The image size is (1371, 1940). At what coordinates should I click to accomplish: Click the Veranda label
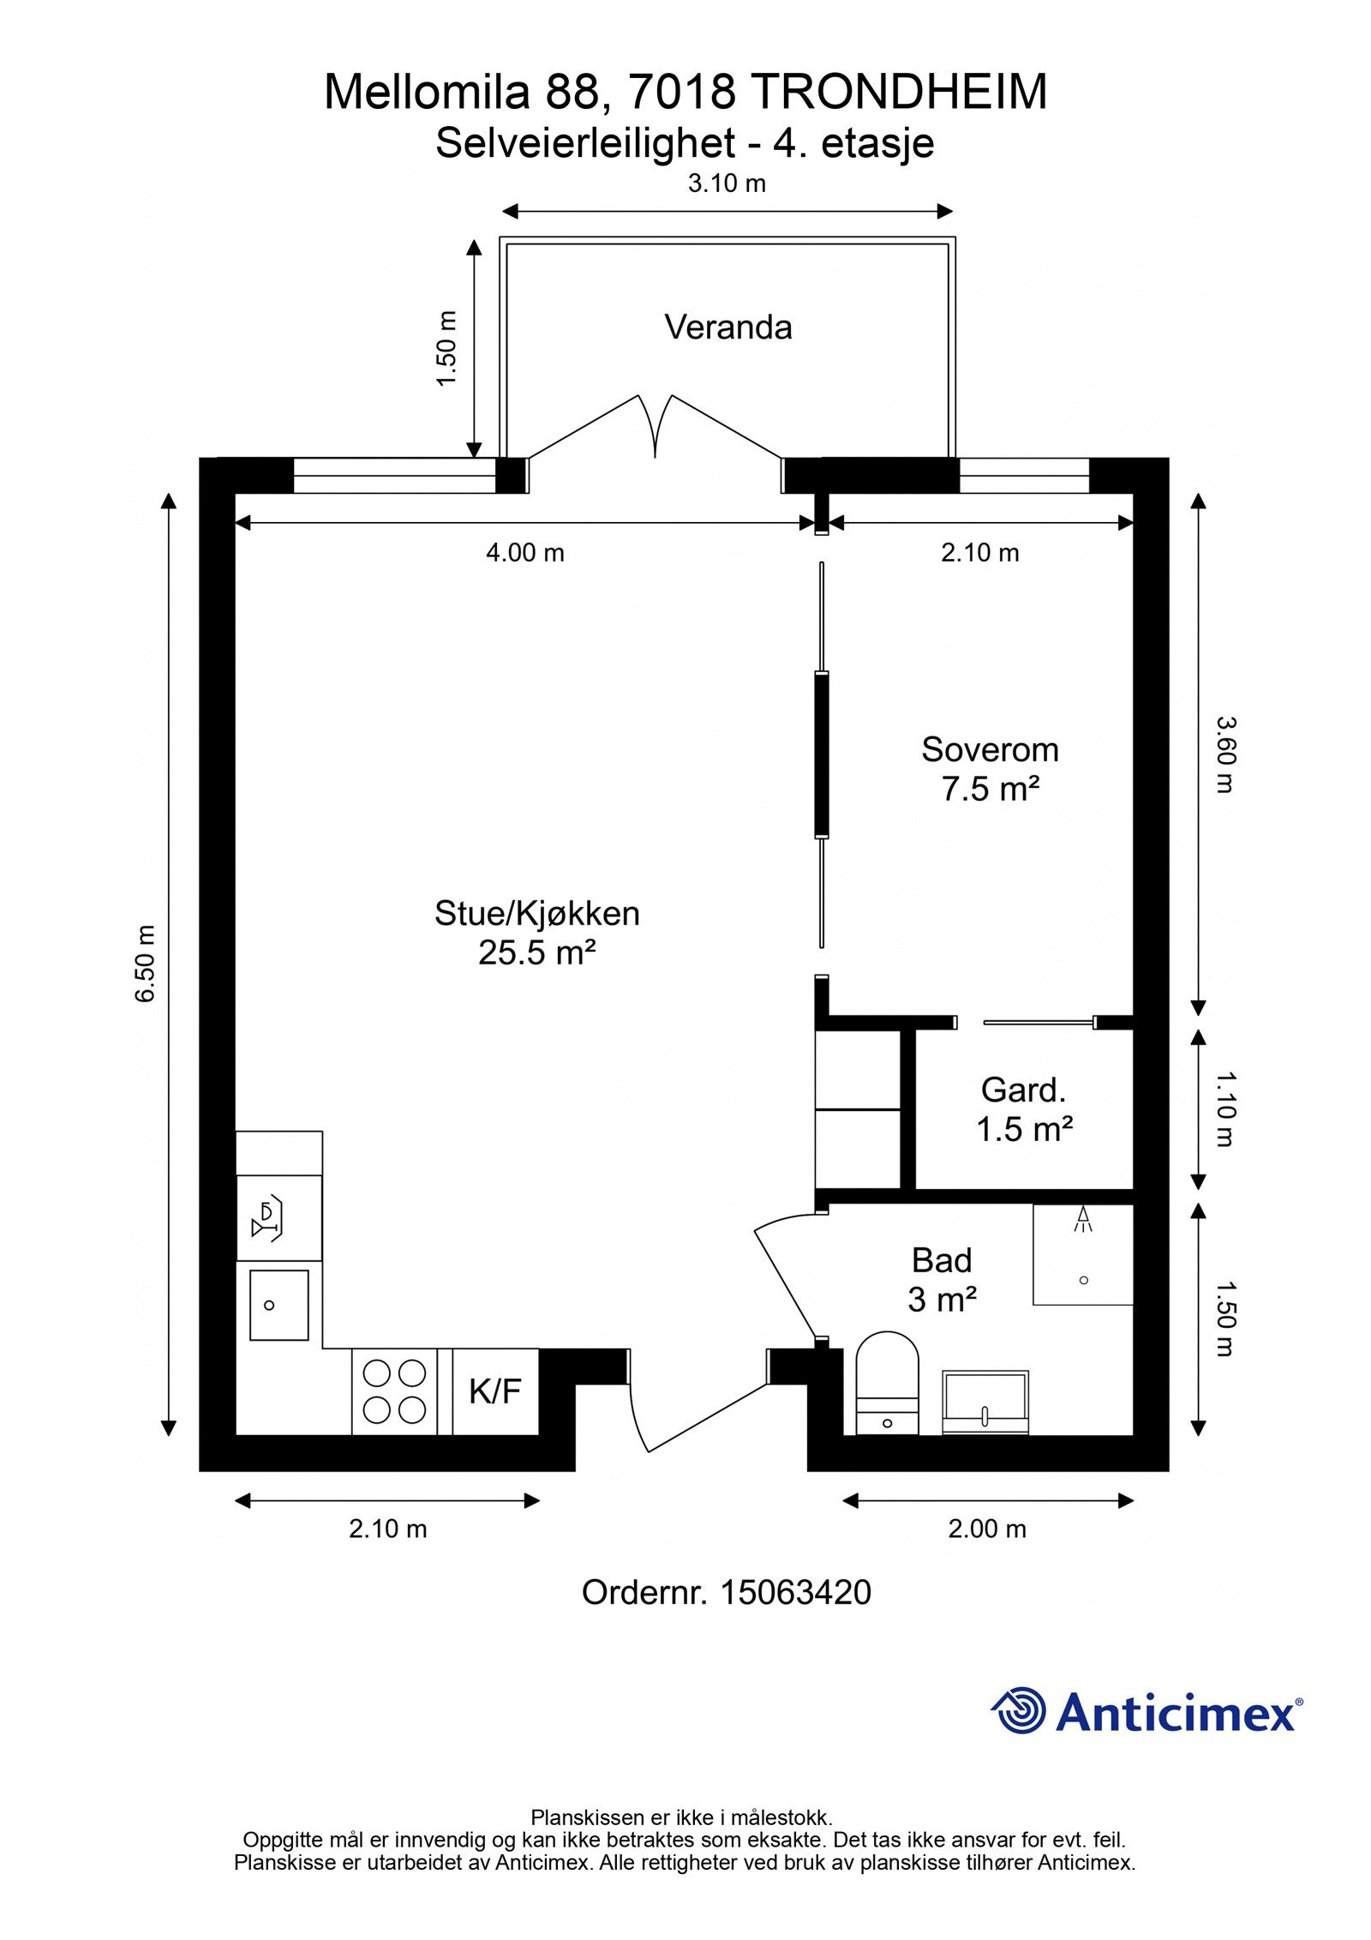click(x=728, y=327)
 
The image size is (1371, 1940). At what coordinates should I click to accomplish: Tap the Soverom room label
click(x=990, y=750)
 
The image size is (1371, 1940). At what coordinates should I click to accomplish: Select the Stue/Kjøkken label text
click(x=537, y=914)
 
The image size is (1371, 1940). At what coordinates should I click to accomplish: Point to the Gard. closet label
click(x=1024, y=1090)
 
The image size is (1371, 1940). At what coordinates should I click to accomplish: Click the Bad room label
click(x=942, y=1261)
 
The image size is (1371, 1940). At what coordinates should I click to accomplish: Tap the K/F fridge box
click(x=495, y=1391)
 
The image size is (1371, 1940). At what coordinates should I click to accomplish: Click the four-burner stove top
click(x=395, y=1391)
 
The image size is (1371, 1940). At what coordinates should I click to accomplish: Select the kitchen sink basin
click(x=278, y=1305)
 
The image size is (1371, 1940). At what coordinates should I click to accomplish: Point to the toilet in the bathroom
click(x=887, y=1382)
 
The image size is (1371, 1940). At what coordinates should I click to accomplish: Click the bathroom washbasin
click(x=985, y=1402)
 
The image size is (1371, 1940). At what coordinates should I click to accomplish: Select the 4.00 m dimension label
click(x=525, y=553)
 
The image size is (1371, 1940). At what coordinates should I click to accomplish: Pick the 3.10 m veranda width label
click(x=727, y=183)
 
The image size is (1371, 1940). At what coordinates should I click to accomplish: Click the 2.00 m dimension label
click(x=987, y=1529)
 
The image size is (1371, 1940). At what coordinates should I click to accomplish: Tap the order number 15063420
click(x=796, y=1593)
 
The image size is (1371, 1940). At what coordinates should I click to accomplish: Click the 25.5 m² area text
click(x=537, y=952)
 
